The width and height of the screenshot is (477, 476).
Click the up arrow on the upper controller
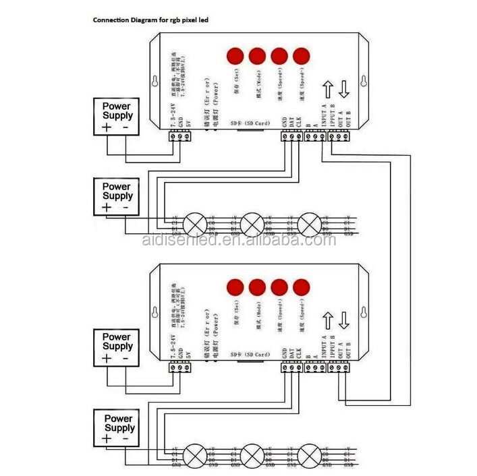pyautogui.click(x=327, y=90)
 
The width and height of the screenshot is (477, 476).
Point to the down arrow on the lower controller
pyautogui.click(x=344, y=318)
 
